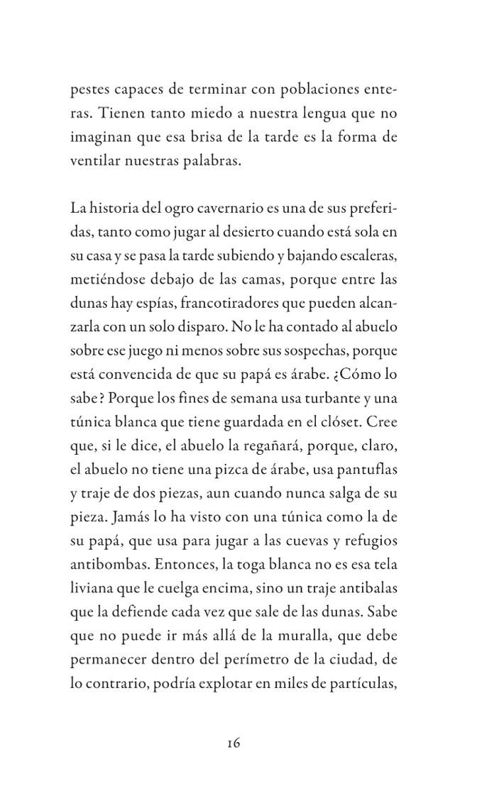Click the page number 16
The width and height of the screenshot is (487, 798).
(234, 743)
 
